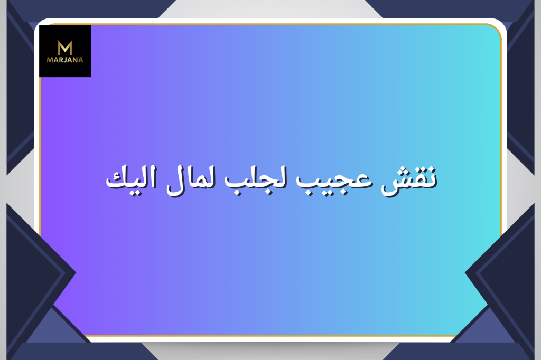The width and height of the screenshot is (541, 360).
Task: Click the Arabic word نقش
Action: point(409,181)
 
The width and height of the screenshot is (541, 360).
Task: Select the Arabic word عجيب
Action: point(334,182)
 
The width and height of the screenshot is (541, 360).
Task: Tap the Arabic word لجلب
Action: point(255,181)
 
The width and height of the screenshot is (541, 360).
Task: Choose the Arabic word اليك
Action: point(132,179)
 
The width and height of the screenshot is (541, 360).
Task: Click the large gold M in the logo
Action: point(65,48)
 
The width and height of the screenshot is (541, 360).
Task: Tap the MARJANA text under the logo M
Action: point(65,60)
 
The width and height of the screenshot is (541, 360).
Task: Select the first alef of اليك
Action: point(153,177)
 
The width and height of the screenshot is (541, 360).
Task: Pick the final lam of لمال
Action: point(175,183)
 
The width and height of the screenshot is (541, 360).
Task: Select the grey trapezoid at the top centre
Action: point(270,8)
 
